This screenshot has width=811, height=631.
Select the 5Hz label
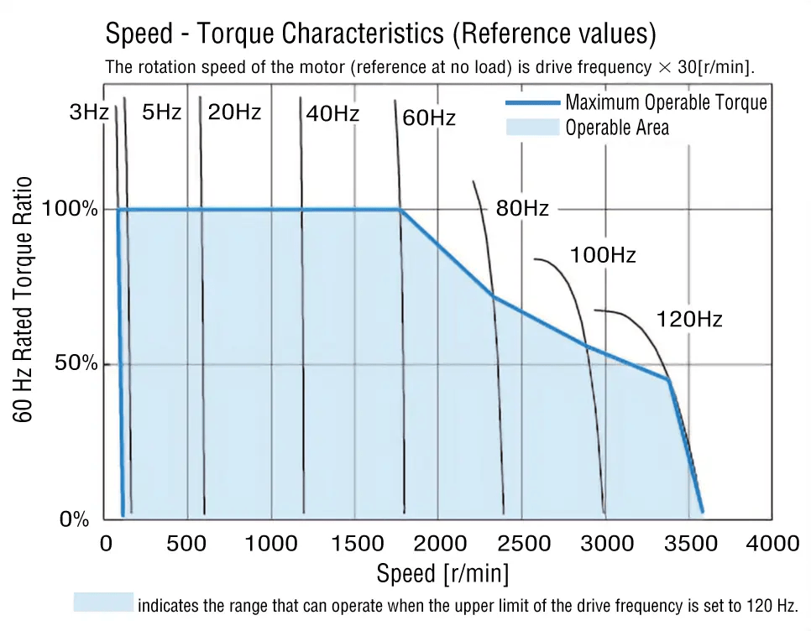pos(161,112)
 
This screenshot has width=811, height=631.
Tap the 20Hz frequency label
pos(234,112)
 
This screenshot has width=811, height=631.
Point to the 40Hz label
pos(332,114)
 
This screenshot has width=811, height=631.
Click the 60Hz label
pos(428,117)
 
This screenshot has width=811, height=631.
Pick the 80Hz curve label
pos(521,209)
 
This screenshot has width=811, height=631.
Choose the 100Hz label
pos(603,255)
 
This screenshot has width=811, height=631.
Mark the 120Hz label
pos(688,320)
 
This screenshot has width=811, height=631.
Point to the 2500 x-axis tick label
pos(521,544)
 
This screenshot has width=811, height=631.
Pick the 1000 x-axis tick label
pos(271,544)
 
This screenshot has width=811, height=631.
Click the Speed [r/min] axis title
pos(442,574)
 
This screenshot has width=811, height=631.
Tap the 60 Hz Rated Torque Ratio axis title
pos(25,300)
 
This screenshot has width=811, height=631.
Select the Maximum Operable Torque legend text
pos(666,102)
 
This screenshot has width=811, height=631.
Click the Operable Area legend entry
pos(617,128)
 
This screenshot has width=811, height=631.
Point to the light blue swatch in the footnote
pos(102,602)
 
